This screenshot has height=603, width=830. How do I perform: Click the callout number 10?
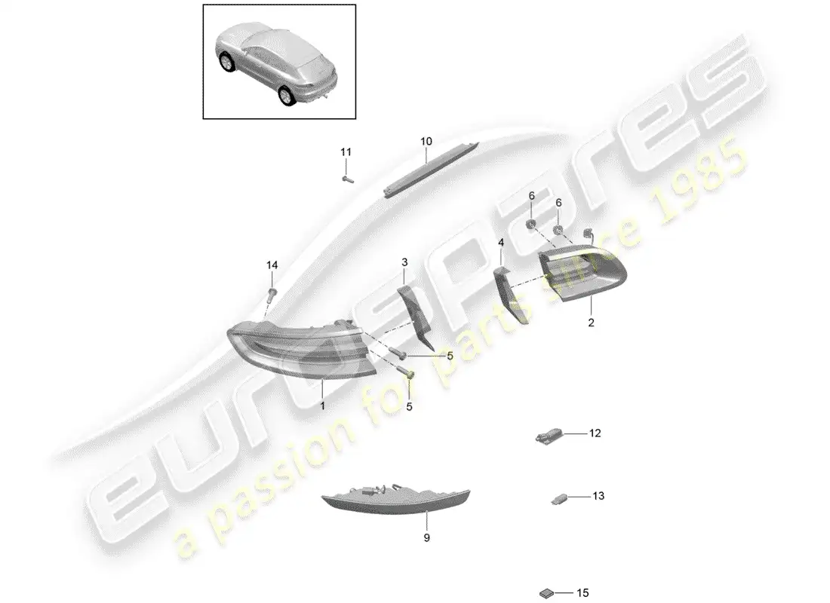pyautogui.click(x=426, y=141)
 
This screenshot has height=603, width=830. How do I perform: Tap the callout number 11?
pyautogui.click(x=346, y=152)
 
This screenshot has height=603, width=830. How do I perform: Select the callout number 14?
pyautogui.click(x=272, y=265)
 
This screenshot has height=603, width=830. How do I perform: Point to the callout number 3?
pyautogui.click(x=404, y=262)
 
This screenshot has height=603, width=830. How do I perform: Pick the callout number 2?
pyautogui.click(x=591, y=323)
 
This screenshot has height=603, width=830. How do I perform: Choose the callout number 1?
pyautogui.click(x=323, y=405)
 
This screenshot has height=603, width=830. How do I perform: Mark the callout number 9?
pyautogui.click(x=426, y=537)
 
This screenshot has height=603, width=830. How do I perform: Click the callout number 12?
pyautogui.click(x=595, y=433)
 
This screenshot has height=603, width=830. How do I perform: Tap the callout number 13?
pyautogui.click(x=598, y=496)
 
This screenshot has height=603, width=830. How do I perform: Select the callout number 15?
pyautogui.click(x=583, y=593)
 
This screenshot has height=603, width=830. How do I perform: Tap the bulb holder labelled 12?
pyautogui.click(x=549, y=436)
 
